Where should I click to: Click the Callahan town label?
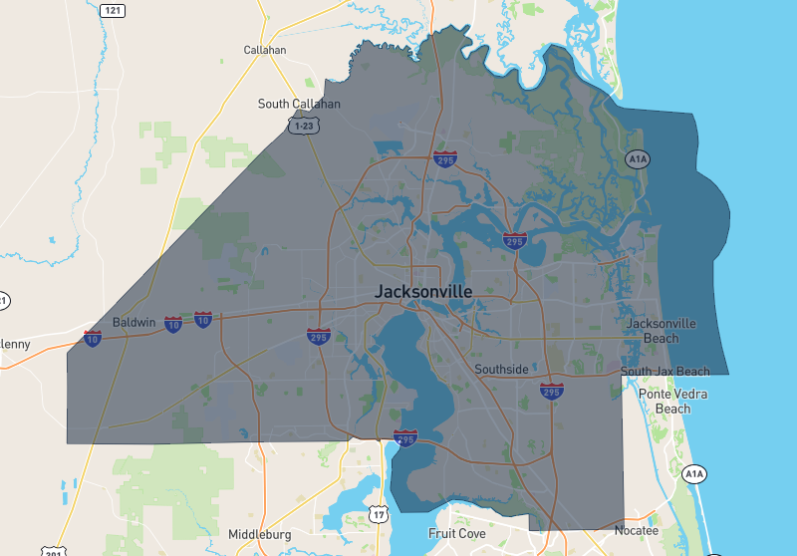[x=265, y=50]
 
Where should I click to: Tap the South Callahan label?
[x=299, y=104]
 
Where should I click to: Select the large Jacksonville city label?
[x=423, y=292]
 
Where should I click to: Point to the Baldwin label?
[x=134, y=323]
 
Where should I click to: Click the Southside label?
[x=501, y=370]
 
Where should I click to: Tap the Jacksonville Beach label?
[x=661, y=331]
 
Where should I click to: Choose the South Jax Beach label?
[x=665, y=372]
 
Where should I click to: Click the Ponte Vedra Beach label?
[x=672, y=401]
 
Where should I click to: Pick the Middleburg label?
[x=260, y=535]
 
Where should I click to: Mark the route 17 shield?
[x=378, y=514]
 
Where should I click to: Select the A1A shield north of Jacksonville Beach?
[x=638, y=159]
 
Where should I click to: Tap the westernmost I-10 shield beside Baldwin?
[x=93, y=338]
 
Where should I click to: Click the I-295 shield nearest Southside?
[x=551, y=391]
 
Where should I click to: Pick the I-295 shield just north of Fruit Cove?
[x=405, y=438]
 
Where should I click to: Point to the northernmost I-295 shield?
[x=445, y=159]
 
